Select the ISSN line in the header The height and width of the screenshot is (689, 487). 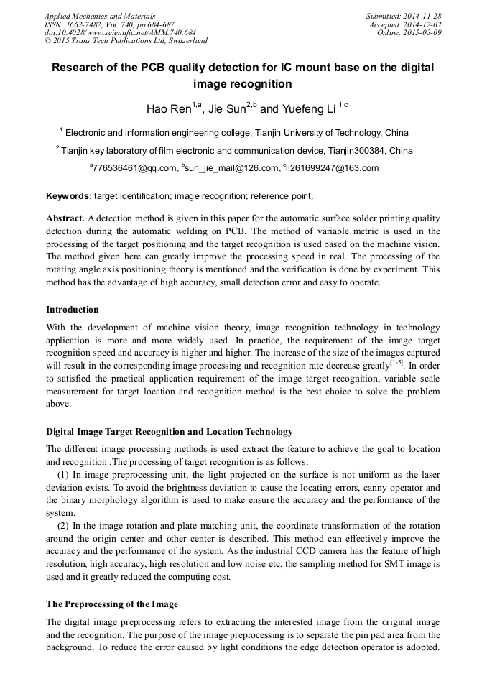click(109, 24)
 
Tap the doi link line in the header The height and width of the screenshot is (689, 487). click(120, 32)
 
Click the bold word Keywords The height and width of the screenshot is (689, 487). click(69, 195)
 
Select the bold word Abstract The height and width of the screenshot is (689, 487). click(65, 218)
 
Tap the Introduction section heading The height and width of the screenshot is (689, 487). click(73, 310)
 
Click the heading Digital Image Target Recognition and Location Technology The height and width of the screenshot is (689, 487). click(170, 432)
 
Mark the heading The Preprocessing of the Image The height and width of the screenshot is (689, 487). click(112, 604)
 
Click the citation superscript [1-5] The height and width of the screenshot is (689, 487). click(396, 361)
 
